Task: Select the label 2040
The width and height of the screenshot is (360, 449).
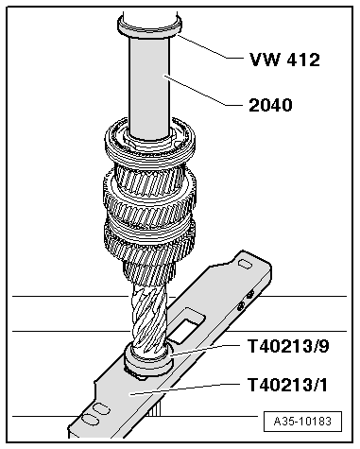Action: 268,106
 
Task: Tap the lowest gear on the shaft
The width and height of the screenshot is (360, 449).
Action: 151,246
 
